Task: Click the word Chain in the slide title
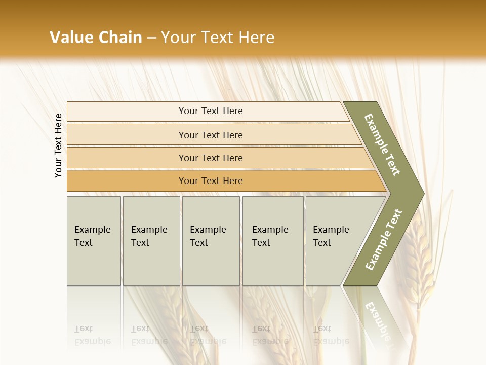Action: click(x=120, y=37)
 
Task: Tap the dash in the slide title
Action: click(x=151, y=38)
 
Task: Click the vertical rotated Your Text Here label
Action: click(x=58, y=146)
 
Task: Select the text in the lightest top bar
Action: click(x=211, y=111)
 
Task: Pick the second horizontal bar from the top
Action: click(x=211, y=135)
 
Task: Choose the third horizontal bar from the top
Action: click(x=211, y=158)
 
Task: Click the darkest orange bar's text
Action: click(x=211, y=181)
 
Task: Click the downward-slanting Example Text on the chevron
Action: click(x=382, y=144)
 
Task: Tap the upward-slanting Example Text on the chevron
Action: click(x=384, y=239)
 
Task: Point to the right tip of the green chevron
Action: click(x=423, y=194)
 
